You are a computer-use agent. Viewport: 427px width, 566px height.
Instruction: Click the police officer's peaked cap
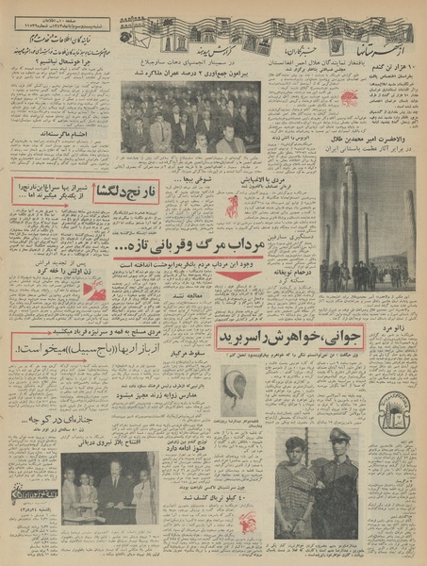[x=333, y=435]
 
